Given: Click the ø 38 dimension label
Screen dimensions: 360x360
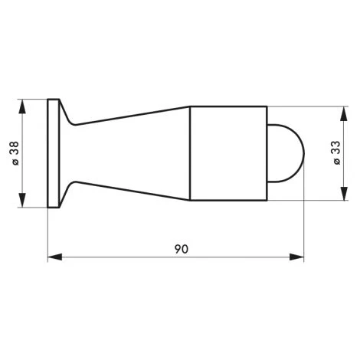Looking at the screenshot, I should tap(15, 153).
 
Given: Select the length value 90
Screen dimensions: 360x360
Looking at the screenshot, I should tap(180, 249).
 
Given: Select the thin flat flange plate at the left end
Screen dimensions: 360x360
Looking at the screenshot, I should tap(53, 153).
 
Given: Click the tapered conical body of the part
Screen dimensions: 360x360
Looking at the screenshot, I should tap(130, 153).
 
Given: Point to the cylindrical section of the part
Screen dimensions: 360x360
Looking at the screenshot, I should tap(227, 153).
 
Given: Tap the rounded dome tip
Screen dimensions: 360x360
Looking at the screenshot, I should tap(290, 153).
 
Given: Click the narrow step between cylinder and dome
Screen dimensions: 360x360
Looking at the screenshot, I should tap(269, 153).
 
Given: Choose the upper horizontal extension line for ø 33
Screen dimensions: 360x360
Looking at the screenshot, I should tap(306, 106).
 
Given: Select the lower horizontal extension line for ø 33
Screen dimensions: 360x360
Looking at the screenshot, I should tap(306, 201).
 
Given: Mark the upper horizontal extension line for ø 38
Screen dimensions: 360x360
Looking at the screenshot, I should tap(34, 100).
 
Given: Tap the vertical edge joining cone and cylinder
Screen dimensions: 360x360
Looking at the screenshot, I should tap(189, 153).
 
